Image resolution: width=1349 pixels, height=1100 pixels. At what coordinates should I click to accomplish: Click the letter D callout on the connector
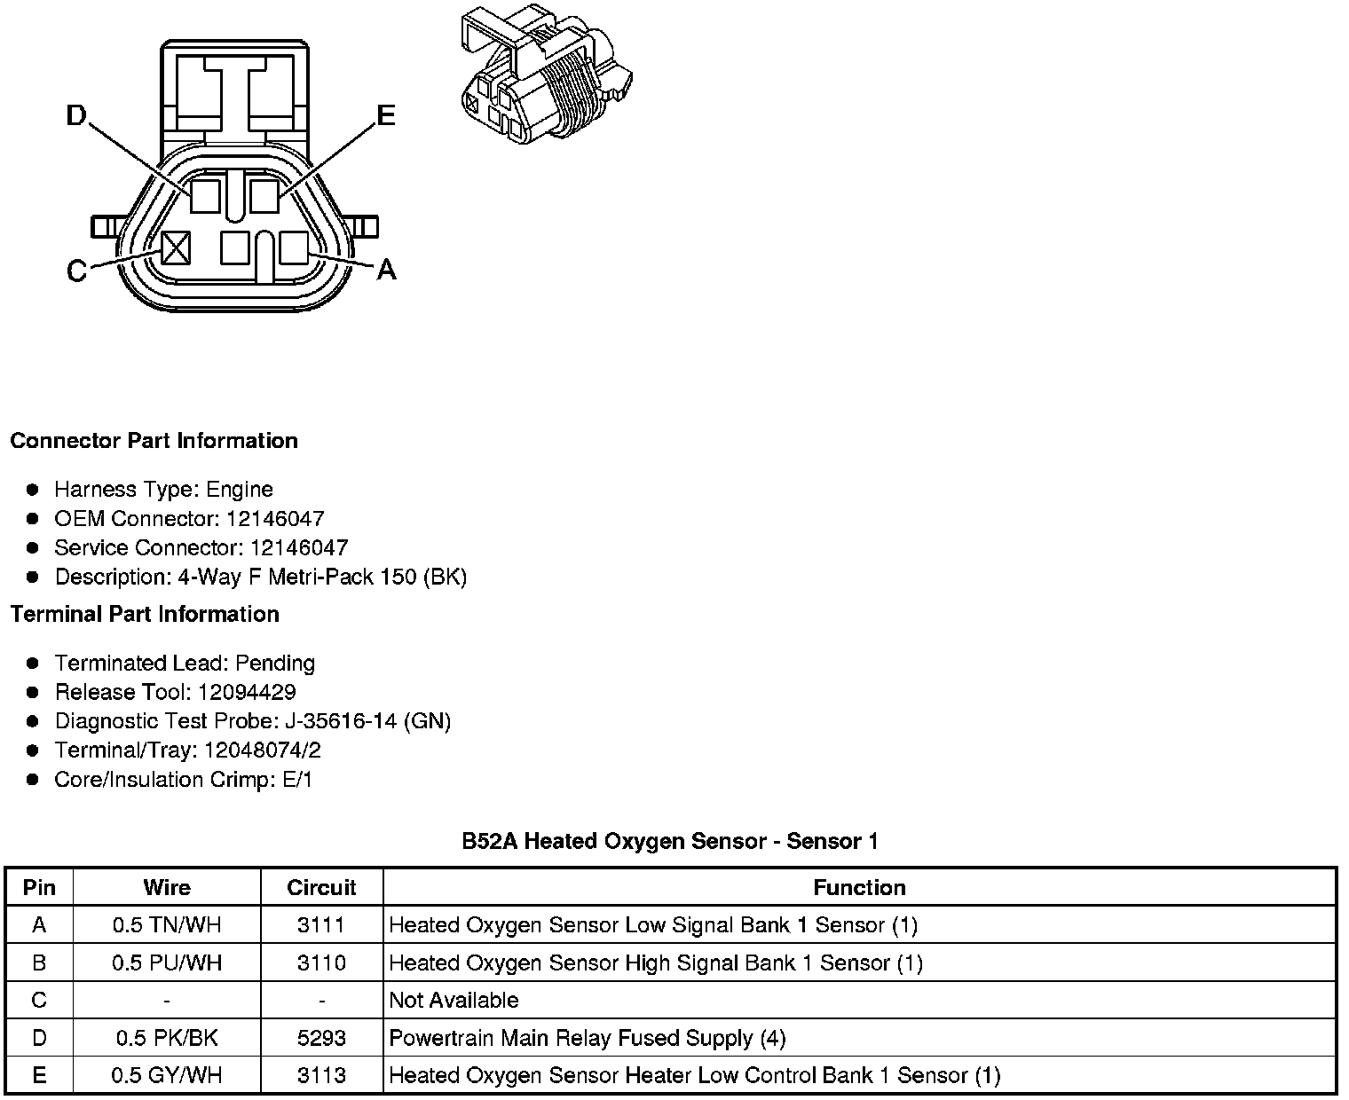(x=78, y=115)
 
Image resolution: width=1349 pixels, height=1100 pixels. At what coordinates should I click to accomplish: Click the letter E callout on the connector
(x=385, y=116)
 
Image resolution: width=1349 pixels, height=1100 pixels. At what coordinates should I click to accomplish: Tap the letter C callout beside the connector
(x=77, y=270)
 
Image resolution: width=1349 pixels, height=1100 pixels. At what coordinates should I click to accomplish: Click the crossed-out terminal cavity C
(x=176, y=247)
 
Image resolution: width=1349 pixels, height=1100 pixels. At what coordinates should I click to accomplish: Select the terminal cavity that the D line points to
(x=205, y=195)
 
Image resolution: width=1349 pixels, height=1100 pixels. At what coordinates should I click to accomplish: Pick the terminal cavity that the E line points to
(x=264, y=195)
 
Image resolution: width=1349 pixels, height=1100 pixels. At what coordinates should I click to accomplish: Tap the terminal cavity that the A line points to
(x=293, y=247)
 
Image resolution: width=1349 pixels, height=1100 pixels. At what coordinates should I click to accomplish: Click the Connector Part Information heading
(x=154, y=441)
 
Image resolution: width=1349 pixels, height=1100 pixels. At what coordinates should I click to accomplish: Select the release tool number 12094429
(x=247, y=692)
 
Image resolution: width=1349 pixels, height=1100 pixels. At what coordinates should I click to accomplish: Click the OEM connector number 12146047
(x=275, y=518)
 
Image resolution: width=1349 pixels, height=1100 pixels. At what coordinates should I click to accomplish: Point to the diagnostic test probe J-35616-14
(x=341, y=721)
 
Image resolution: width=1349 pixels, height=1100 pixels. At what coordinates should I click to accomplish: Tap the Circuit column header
(x=321, y=887)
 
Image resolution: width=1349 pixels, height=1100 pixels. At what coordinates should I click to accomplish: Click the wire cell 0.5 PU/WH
(x=167, y=962)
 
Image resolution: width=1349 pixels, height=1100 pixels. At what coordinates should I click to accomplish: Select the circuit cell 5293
(x=321, y=1037)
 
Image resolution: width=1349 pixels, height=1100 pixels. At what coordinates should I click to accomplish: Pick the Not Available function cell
(x=454, y=1000)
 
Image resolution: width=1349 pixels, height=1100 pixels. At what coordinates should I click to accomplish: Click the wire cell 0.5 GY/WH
(x=167, y=1075)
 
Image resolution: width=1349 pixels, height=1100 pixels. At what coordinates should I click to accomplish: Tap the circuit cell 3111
(x=321, y=925)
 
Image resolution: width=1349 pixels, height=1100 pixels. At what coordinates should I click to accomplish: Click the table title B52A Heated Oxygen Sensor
(x=670, y=841)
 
